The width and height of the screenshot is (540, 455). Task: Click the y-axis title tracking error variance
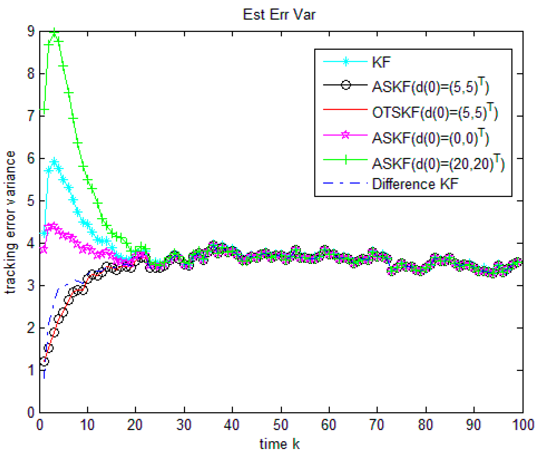pos(10,222)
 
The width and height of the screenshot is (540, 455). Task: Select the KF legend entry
pos(381,62)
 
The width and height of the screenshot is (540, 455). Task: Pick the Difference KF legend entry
pos(415,184)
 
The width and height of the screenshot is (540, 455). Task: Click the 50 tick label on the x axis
pos(281,425)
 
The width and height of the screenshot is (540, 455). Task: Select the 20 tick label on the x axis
pos(135,425)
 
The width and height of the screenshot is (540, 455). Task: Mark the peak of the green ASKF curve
pos(54,32)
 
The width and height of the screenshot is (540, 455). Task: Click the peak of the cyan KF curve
pos(54,162)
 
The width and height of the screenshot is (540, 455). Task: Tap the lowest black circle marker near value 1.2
pos(44,362)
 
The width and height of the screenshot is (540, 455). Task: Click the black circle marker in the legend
pos(346,85)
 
